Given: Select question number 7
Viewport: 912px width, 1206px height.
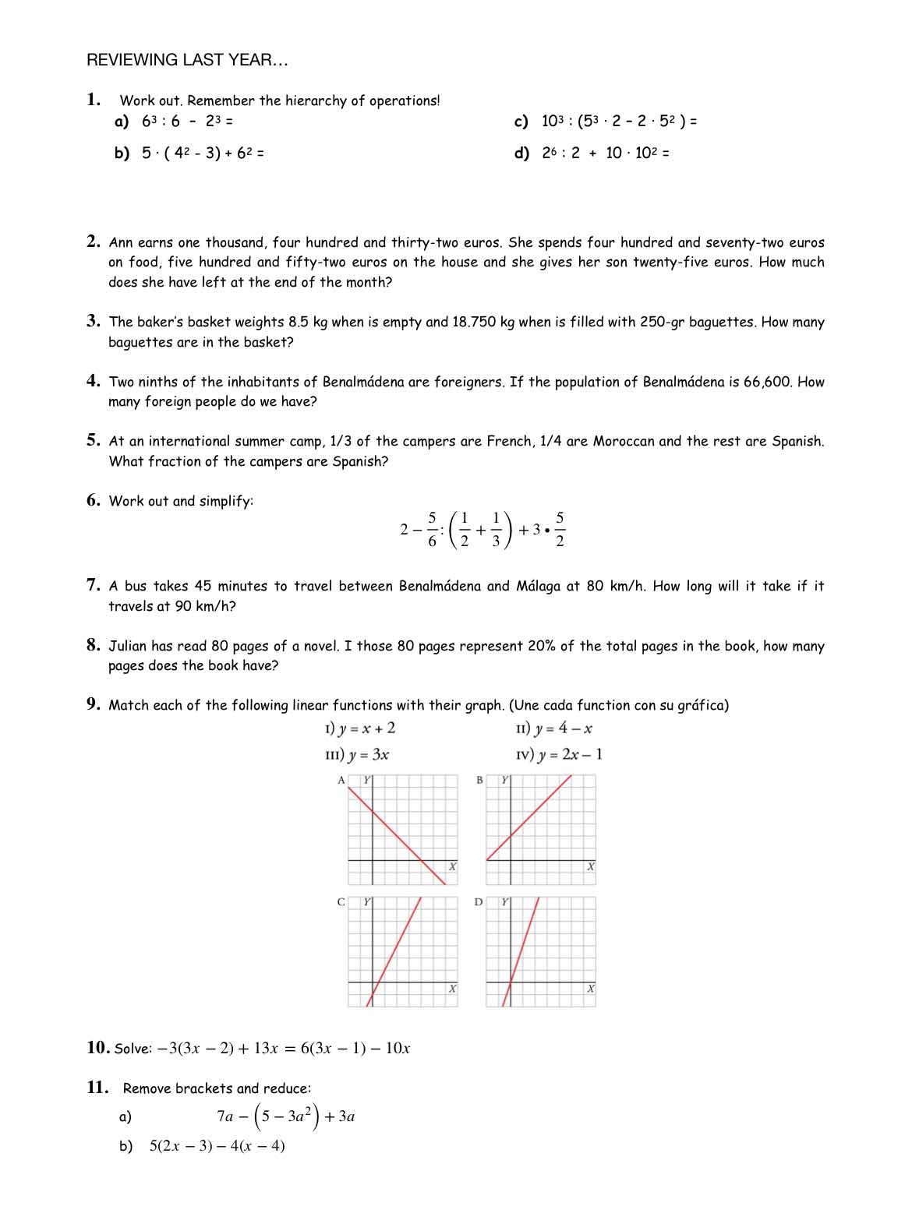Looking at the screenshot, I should pyautogui.click(x=94, y=585).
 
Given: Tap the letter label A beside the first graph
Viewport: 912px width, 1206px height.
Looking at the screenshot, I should pyautogui.click(x=341, y=780).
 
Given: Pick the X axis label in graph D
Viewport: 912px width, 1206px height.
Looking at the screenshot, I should pyautogui.click(x=590, y=989).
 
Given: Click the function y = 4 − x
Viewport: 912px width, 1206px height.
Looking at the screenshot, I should pyautogui.click(x=563, y=729).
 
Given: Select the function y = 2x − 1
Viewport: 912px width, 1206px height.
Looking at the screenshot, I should pyautogui.click(x=570, y=755).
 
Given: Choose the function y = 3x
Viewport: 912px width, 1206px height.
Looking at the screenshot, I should pyautogui.click(x=369, y=755).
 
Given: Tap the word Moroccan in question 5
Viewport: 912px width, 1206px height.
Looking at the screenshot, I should pyautogui.click(x=624, y=442).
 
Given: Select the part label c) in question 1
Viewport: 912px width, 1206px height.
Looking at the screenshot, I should pyautogui.click(x=521, y=122).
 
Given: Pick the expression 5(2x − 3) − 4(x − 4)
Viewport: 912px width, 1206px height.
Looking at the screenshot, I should pyautogui.click(x=217, y=1146).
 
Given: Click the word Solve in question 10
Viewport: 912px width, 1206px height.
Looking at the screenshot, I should pyautogui.click(x=132, y=1049).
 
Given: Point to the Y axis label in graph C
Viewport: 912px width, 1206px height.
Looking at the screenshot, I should pyautogui.click(x=368, y=902).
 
